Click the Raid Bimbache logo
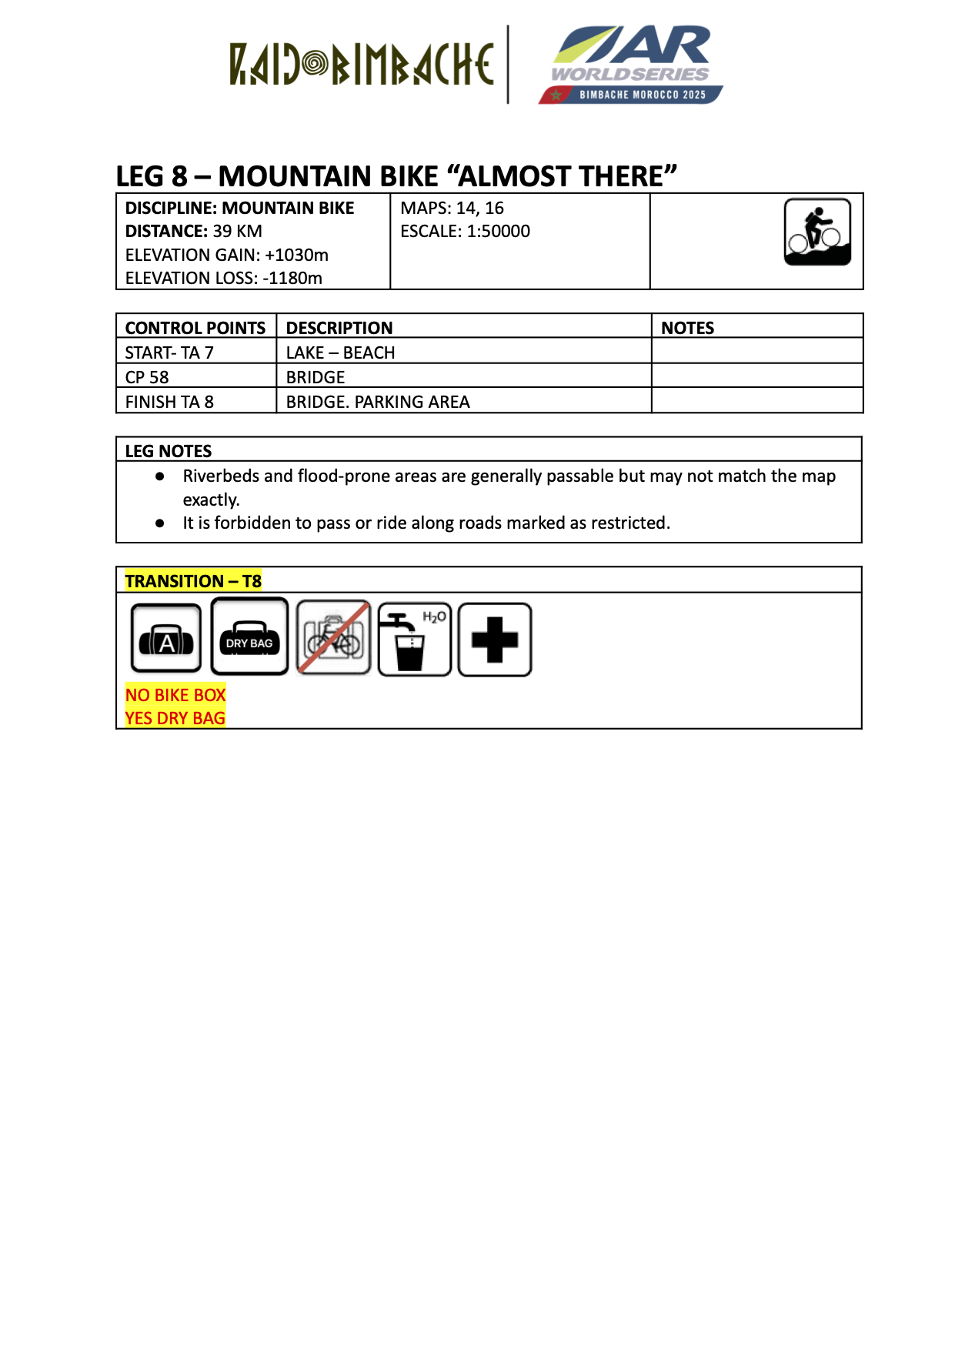click(x=361, y=65)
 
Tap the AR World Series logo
click(x=631, y=65)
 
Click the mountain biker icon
click(x=817, y=232)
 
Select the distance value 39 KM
click(x=237, y=231)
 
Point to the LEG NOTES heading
click(x=168, y=451)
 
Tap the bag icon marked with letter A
click(x=166, y=639)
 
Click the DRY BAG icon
click(x=249, y=637)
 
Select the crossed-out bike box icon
click(x=333, y=639)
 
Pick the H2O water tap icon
click(x=414, y=639)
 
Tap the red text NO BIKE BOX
click(x=175, y=695)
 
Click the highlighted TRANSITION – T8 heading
click(x=193, y=581)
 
